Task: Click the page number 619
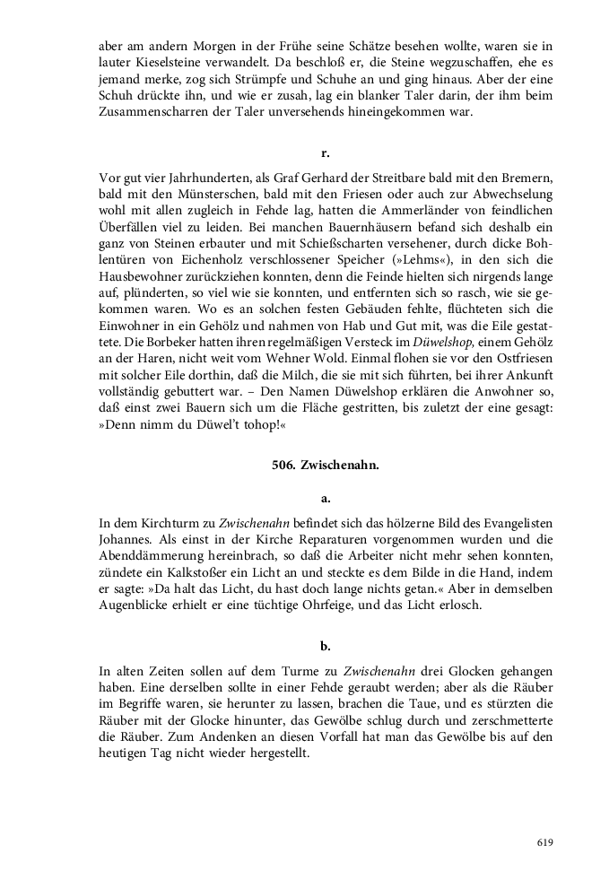click(x=544, y=842)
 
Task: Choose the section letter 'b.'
click(x=326, y=646)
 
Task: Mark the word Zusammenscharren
click(x=152, y=112)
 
